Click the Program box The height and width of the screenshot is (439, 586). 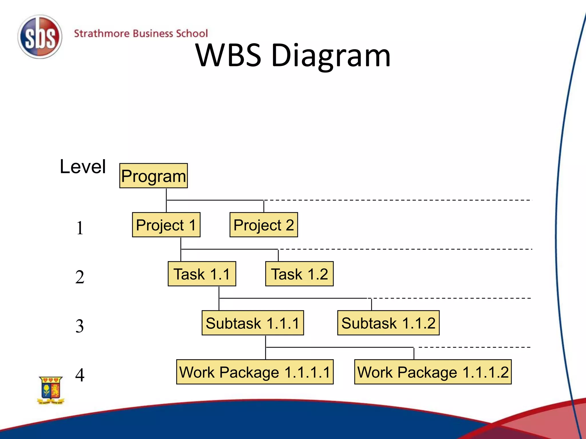point(153,176)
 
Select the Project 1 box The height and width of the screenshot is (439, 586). point(166,225)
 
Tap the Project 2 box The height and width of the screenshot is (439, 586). point(264,225)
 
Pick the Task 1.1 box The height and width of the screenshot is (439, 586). point(202,274)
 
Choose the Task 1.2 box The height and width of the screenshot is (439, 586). point(299,274)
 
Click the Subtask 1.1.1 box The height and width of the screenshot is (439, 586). point(253,323)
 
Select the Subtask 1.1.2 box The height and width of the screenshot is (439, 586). point(388,323)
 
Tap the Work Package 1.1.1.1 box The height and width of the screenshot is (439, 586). point(255,372)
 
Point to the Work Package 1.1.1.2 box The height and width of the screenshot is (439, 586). point(433,372)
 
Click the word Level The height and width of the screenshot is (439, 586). point(83,167)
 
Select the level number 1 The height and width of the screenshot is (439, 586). point(80,228)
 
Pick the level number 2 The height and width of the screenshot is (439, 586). point(80,277)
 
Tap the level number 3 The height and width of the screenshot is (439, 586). point(80,326)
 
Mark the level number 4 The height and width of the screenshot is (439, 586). point(80,375)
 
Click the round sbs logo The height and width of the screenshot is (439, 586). point(40,37)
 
